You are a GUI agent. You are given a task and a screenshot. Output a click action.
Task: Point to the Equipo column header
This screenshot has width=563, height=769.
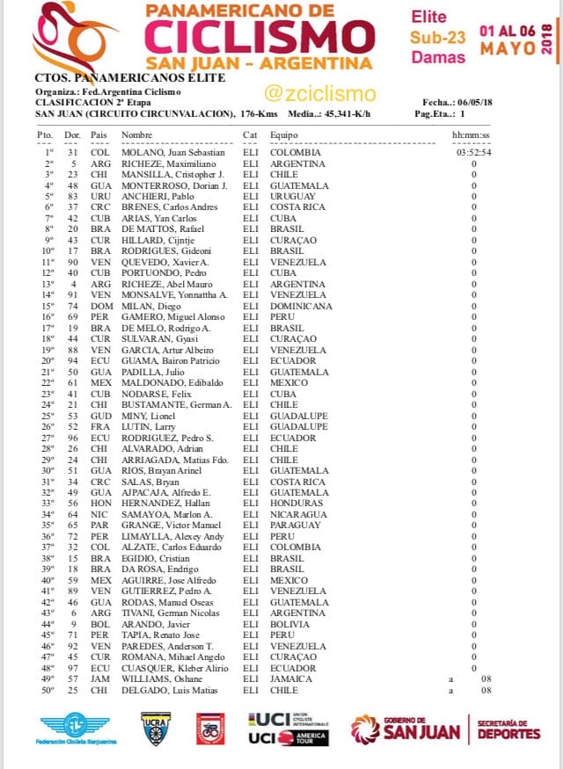283,134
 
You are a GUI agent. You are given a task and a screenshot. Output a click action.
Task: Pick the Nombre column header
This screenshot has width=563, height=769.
136,134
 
